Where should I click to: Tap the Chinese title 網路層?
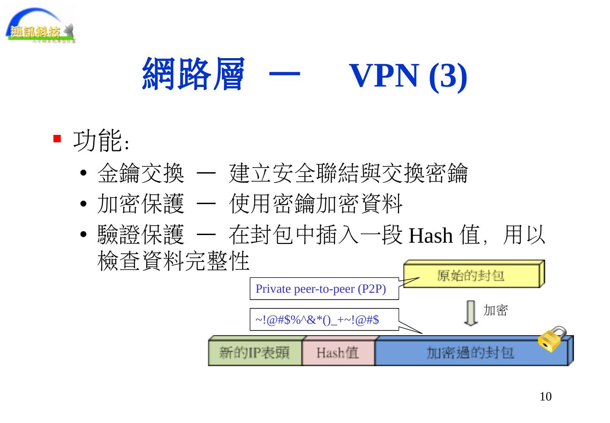[x=193, y=75]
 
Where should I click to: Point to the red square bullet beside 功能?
[x=57, y=139]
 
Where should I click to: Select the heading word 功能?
[x=97, y=141]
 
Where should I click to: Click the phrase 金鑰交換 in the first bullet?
[x=141, y=173]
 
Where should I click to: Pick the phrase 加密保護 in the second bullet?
[x=141, y=204]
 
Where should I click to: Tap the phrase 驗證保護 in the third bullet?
[x=141, y=235]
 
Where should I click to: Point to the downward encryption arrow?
[x=470, y=313]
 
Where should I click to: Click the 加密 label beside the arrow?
[x=495, y=311]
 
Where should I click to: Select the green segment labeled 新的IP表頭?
[x=255, y=352]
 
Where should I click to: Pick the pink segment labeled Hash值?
[x=338, y=352]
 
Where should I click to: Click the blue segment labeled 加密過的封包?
[x=470, y=352]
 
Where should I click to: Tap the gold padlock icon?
[x=552, y=339]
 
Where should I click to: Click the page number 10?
[x=546, y=397]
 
